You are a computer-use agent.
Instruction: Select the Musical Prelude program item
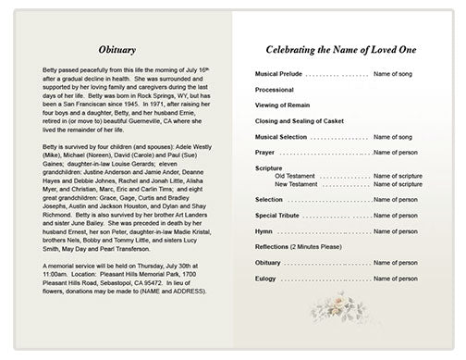click(x=277, y=73)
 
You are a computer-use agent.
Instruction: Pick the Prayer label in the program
click(x=265, y=153)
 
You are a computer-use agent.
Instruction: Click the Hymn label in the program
click(x=264, y=230)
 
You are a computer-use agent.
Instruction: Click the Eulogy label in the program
click(x=266, y=278)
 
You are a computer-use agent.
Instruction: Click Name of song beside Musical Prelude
click(x=393, y=73)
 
